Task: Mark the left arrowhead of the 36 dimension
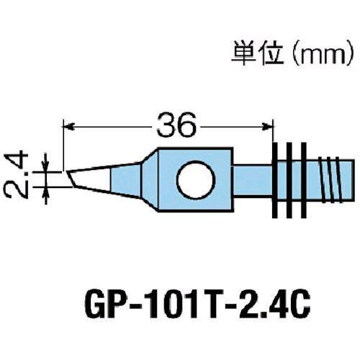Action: tap(68, 127)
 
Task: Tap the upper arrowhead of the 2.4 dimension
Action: tap(47, 164)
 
